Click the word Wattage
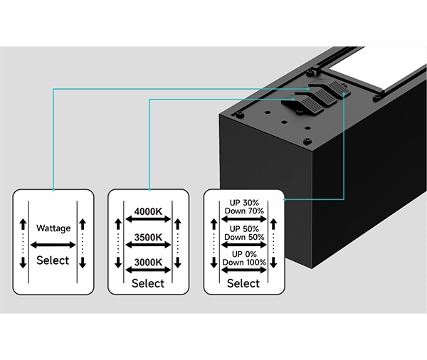[x=53, y=228]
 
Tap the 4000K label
[x=148, y=211]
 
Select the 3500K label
[x=148, y=237]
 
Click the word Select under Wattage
[x=53, y=260]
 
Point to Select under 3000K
[x=148, y=283]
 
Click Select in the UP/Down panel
[x=243, y=283]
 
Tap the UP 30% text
[x=244, y=202]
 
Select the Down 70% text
[x=244, y=211]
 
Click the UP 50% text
[x=244, y=228]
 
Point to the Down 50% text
[x=244, y=237]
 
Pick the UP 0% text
[x=244, y=253]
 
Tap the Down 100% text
[x=244, y=263]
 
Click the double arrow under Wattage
[x=53, y=244]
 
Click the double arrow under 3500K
[x=148, y=246]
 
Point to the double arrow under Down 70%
[x=244, y=220]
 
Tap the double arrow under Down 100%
[x=244, y=272]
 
